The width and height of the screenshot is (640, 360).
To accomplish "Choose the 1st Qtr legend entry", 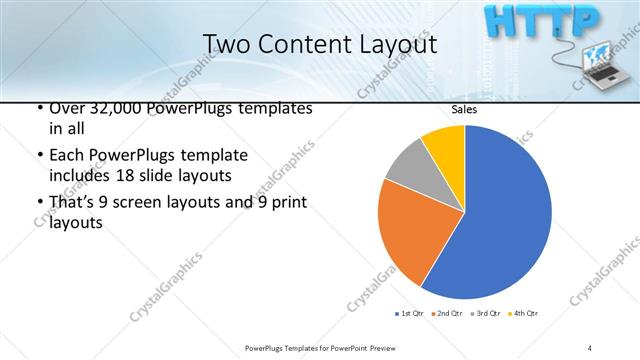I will (410, 313).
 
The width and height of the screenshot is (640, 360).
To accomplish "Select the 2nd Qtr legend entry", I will (446, 313).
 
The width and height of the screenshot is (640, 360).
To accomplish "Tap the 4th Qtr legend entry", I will (523, 313).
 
